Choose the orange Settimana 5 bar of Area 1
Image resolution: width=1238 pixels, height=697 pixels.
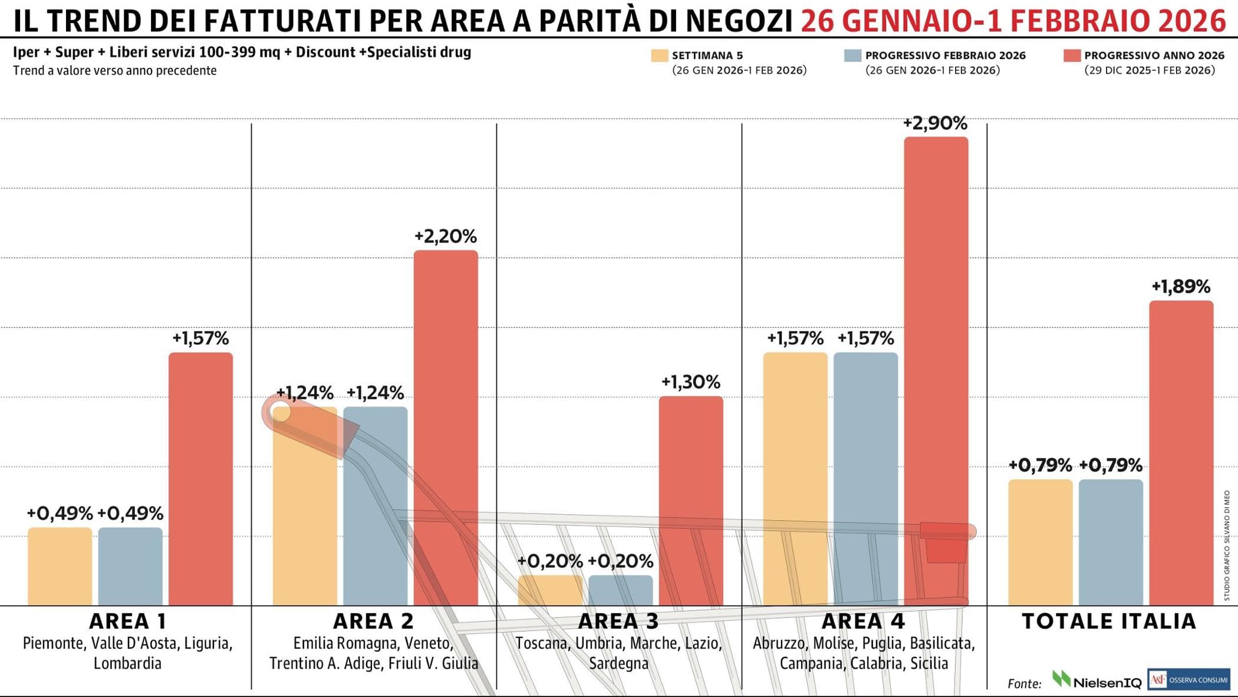click(x=60, y=566)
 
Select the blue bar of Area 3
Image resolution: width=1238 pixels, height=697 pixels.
click(x=621, y=590)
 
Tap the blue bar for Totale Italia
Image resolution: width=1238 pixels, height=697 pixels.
click(x=1111, y=543)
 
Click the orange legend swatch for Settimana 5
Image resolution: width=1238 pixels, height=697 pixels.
click(x=660, y=55)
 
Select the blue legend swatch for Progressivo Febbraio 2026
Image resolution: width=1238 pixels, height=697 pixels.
click(x=852, y=55)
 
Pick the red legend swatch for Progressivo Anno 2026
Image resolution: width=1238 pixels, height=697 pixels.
click(x=1072, y=55)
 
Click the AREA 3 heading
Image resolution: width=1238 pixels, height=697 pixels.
click(x=618, y=621)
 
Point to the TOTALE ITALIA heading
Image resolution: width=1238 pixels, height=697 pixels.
click(x=1109, y=621)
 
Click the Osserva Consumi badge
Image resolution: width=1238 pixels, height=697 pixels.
click(x=1188, y=679)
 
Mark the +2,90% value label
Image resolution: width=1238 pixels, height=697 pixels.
click(x=936, y=123)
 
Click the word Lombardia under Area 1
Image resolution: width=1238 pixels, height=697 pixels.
click(x=127, y=663)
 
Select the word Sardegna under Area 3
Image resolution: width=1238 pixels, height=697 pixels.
click(x=618, y=663)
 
